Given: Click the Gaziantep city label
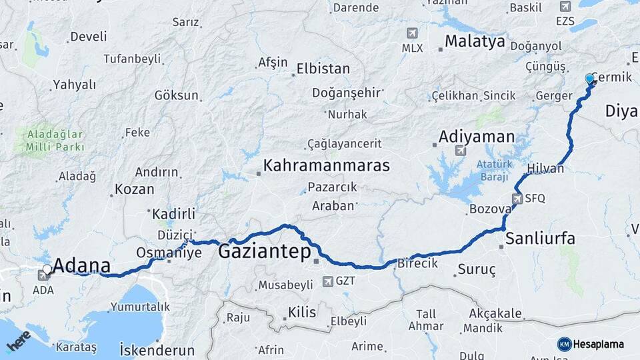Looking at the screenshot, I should (x=265, y=251).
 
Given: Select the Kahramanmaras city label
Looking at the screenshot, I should (x=326, y=165).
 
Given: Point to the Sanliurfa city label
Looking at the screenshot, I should (x=539, y=238).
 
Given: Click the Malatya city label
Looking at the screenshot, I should (x=475, y=41).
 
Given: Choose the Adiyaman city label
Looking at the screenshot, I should (x=476, y=137).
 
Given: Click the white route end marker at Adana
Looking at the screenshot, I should (x=46, y=270).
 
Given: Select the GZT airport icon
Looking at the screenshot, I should (x=327, y=281).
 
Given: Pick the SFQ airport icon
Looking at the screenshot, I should (x=517, y=199).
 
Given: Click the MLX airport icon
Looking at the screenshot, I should (x=412, y=33).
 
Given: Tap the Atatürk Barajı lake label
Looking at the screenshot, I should (x=493, y=171).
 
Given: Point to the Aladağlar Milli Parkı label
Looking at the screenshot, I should (x=55, y=140).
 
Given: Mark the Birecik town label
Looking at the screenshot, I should (x=417, y=263).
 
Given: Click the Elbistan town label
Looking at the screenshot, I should (x=323, y=69).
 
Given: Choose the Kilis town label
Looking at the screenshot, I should (x=302, y=312).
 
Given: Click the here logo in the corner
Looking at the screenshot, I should (x=18, y=341).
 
